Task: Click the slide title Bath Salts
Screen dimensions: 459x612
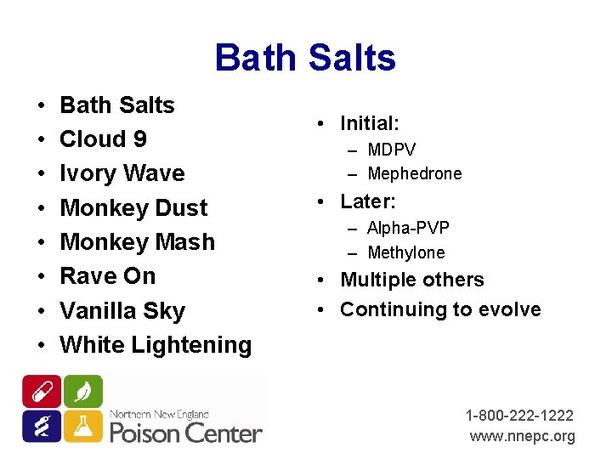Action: (x=305, y=58)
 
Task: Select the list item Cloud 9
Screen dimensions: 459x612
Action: (x=103, y=139)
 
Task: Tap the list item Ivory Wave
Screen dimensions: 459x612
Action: (x=122, y=173)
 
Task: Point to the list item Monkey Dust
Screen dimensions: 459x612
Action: (x=133, y=208)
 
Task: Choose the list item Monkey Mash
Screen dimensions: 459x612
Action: (x=137, y=242)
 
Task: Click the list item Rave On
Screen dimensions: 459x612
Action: (x=108, y=276)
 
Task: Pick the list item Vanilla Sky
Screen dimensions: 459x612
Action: (x=122, y=311)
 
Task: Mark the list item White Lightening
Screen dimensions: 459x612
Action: (x=156, y=345)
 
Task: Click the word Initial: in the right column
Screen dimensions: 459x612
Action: (x=369, y=123)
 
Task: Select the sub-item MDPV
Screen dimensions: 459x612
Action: (x=391, y=150)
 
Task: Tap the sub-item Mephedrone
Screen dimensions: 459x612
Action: (x=414, y=174)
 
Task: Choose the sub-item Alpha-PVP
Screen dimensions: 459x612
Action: (x=408, y=229)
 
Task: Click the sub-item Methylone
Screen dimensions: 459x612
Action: (x=405, y=252)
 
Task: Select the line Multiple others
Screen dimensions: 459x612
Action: (x=411, y=280)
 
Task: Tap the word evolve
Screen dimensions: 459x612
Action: (x=513, y=309)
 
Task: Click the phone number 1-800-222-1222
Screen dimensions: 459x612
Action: (x=519, y=416)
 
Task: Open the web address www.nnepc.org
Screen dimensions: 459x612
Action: (x=522, y=436)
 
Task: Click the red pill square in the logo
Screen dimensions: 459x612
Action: (x=42, y=391)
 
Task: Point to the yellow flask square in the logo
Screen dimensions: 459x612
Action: (x=82, y=425)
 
